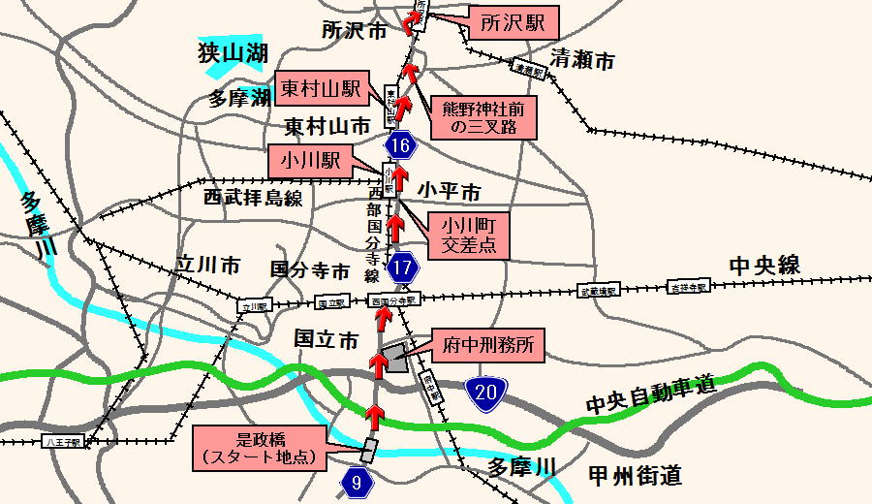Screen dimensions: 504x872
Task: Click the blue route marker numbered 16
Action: [401, 147]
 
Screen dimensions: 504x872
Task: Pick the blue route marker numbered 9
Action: [357, 481]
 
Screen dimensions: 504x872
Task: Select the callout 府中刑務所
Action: [487, 343]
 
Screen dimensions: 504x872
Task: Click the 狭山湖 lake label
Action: [232, 51]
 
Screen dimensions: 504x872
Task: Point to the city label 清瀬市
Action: [582, 61]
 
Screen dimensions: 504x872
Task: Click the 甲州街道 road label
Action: [635, 475]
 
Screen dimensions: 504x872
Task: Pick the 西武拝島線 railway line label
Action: [253, 199]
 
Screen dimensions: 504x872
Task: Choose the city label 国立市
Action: [326, 338]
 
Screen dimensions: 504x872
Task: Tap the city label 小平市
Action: [450, 191]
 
